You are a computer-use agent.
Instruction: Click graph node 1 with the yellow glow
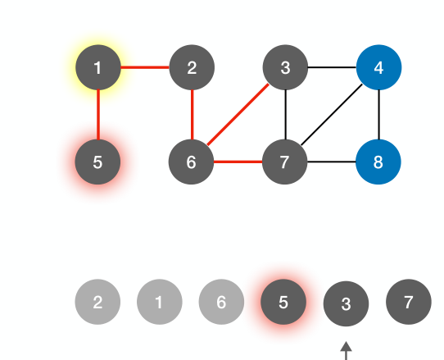(98, 67)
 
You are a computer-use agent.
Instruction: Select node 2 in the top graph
(192, 67)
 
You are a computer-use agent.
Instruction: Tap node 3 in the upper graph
(285, 67)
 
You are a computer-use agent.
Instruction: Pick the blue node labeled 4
(378, 67)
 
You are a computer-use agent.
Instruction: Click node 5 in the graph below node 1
(98, 162)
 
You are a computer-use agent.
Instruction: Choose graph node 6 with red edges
(192, 162)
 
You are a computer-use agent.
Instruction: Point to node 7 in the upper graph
(285, 162)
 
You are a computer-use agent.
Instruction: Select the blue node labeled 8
(378, 162)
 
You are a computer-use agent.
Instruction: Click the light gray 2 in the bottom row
(97, 302)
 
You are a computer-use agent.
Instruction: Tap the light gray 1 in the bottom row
(159, 302)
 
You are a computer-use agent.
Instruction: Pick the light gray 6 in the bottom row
(221, 302)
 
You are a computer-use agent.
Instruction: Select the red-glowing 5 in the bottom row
(283, 302)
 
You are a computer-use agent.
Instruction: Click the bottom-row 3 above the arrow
(346, 303)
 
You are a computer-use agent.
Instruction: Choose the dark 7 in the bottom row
(408, 302)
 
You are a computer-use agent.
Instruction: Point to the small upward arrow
(346, 350)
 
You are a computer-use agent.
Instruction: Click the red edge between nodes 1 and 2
(145, 67)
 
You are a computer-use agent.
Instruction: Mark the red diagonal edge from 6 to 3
(238, 114)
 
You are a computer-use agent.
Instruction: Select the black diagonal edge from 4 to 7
(332, 114)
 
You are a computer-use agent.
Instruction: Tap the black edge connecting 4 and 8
(378, 115)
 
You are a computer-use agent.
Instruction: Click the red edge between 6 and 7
(238, 162)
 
